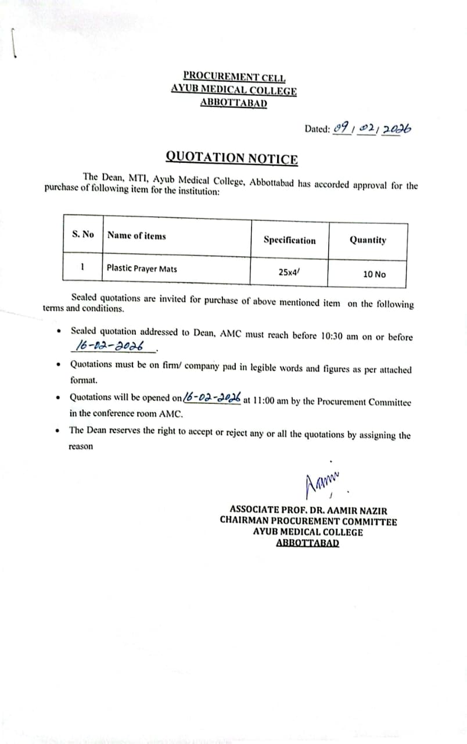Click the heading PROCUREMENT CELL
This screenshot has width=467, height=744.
pyautogui.click(x=233, y=76)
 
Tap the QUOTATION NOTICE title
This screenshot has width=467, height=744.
pyautogui.click(x=232, y=158)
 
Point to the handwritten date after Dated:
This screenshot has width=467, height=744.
pyautogui.click(x=372, y=128)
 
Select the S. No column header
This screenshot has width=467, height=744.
pyautogui.click(x=83, y=234)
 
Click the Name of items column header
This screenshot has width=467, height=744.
pyautogui.click(x=136, y=236)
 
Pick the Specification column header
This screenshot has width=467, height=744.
pyautogui.click(x=289, y=241)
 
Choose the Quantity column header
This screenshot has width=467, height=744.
pyautogui.click(x=368, y=240)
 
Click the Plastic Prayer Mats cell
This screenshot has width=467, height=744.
pyautogui.click(x=142, y=269)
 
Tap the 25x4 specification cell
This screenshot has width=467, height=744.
pyautogui.click(x=289, y=271)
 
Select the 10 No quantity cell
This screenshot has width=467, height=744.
pyautogui.click(x=374, y=274)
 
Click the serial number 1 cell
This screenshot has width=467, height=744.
pyautogui.click(x=83, y=267)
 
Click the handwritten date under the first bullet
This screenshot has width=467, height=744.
pyautogui.click(x=111, y=347)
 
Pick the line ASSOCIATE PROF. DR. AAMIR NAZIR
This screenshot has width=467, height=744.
pyautogui.click(x=308, y=509)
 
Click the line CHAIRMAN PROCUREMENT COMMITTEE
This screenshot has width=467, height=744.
pyautogui.click(x=308, y=521)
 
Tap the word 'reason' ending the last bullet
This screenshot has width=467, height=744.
pyautogui.click(x=81, y=447)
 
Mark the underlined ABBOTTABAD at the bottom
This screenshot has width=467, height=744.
pyautogui.click(x=308, y=543)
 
